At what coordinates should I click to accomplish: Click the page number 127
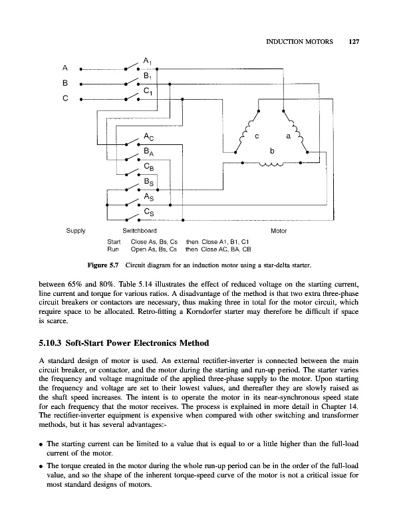pos(353,42)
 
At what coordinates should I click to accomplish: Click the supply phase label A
pos(65,67)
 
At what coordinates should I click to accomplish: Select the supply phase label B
pos(65,84)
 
